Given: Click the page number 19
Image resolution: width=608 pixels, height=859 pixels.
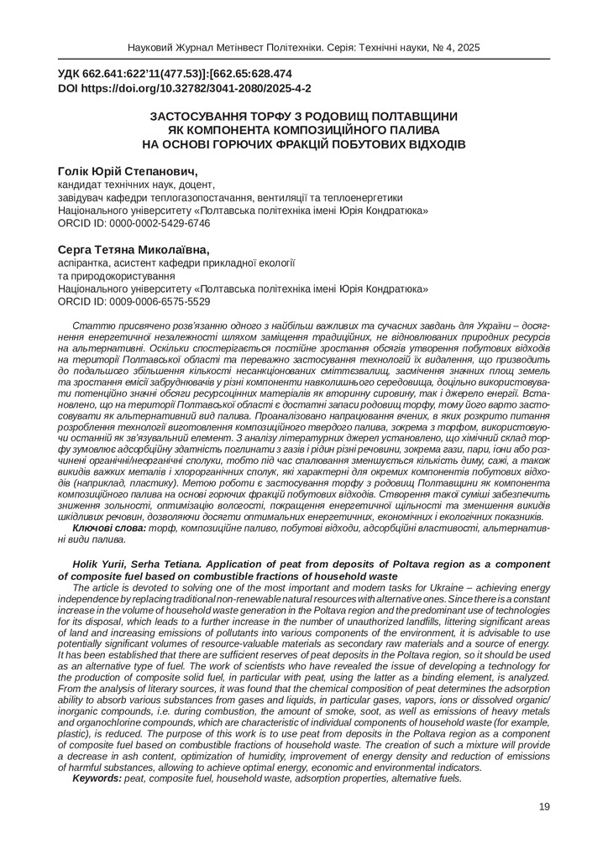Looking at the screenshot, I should [543, 807].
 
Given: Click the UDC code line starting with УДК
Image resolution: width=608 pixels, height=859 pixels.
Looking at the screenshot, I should [175, 74].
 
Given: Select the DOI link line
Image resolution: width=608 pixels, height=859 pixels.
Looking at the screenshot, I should [184, 87].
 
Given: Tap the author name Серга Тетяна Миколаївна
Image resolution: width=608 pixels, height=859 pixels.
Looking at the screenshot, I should [134, 249].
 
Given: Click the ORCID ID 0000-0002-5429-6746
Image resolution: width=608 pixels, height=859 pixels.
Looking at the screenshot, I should [134, 224].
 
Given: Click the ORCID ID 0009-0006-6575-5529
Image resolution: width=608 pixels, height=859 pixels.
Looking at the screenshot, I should [134, 301].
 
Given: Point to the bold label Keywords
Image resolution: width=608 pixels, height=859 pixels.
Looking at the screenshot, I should [97, 778].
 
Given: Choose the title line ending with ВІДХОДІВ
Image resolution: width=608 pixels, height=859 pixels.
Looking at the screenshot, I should [303, 144].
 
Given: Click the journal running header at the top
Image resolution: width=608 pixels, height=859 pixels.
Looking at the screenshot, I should [303, 48].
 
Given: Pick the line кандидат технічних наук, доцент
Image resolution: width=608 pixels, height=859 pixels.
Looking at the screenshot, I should [135, 185].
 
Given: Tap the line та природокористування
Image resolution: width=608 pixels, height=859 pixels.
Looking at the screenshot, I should [116, 275].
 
